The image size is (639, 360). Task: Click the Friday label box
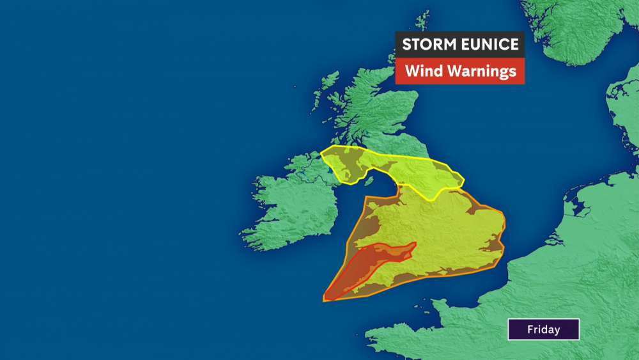[x=543, y=329]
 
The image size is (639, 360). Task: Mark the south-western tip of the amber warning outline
[x=325, y=300]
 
